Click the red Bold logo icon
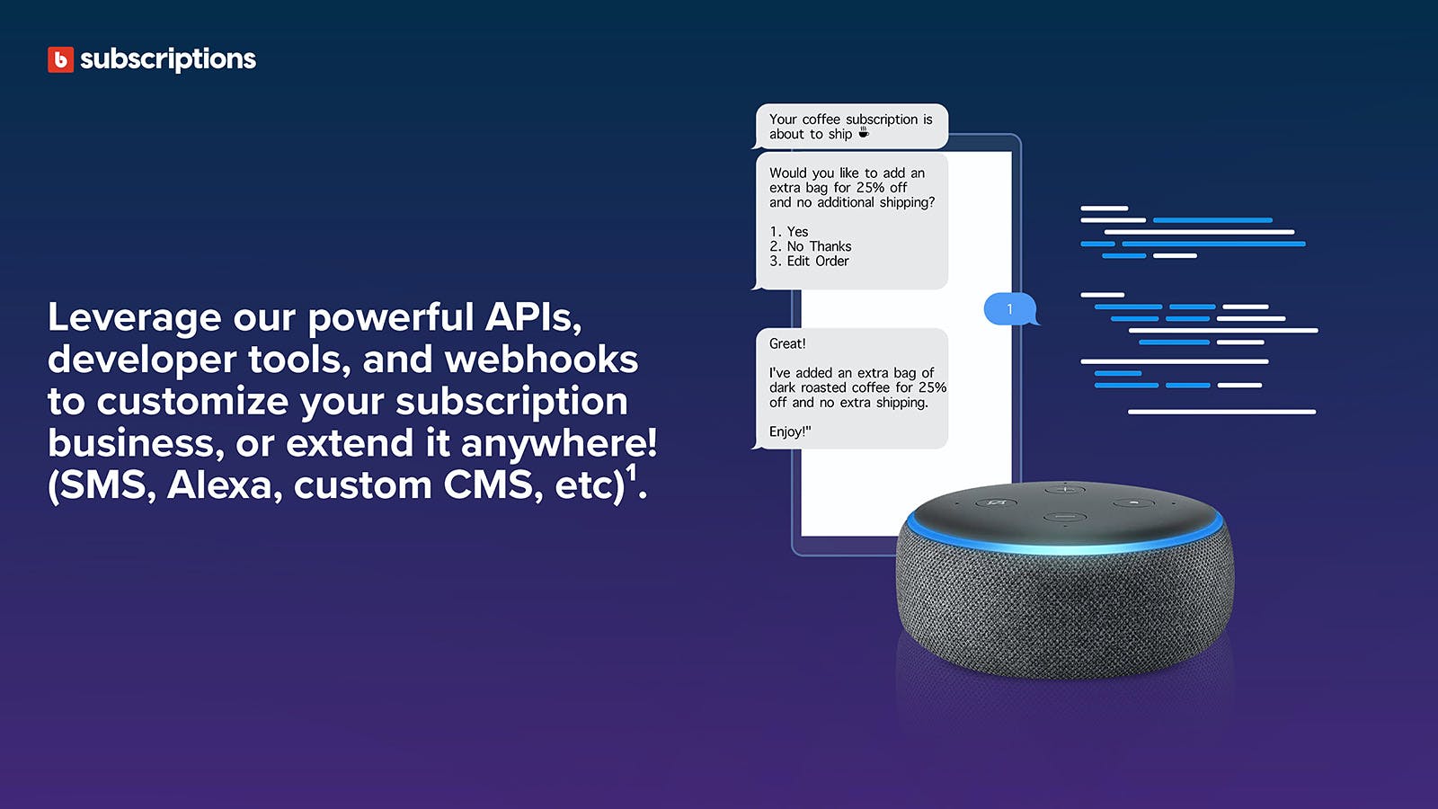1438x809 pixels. coord(60,59)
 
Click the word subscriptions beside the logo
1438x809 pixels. coord(167,59)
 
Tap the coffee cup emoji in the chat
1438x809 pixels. coord(864,132)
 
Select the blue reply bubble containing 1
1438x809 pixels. coord(1010,309)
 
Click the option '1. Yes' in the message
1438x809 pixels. coord(789,232)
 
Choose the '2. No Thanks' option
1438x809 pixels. coord(810,246)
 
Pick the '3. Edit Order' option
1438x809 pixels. coord(809,262)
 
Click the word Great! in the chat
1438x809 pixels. coord(787,343)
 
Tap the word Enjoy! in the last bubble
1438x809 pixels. coord(788,431)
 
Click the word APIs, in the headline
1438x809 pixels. coord(534,317)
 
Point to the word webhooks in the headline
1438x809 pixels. coord(541,359)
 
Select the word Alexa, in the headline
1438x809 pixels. coord(225,485)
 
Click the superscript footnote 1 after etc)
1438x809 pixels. coord(632,473)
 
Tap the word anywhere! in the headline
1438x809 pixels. coord(559,443)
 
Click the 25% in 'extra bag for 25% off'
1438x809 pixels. coord(871,188)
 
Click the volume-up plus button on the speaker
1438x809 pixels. coord(1065,490)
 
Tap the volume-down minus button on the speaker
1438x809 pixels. coord(1064,517)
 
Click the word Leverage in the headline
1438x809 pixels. coord(134,318)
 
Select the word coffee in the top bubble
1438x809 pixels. coord(821,120)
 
